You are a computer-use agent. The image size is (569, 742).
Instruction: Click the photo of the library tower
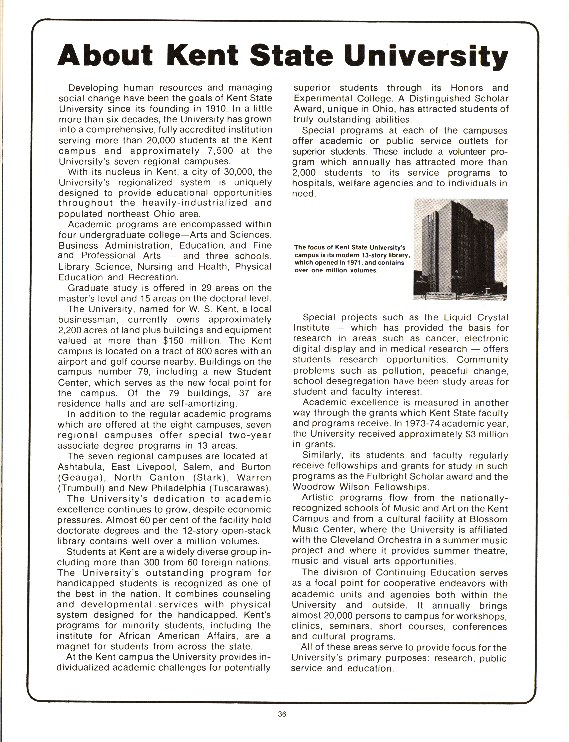(461, 250)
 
